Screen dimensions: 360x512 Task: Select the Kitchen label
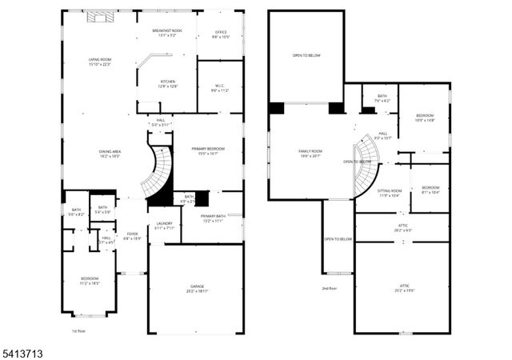167,83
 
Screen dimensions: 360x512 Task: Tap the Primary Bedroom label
207,151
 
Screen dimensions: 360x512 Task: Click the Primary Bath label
213,218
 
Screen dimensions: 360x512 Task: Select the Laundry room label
164,226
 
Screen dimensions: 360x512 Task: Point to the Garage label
196,289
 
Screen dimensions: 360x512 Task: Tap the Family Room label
309,154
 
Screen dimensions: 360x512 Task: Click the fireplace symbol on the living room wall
98,16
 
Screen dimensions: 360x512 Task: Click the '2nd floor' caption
329,288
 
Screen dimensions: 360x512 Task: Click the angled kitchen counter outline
154,60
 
